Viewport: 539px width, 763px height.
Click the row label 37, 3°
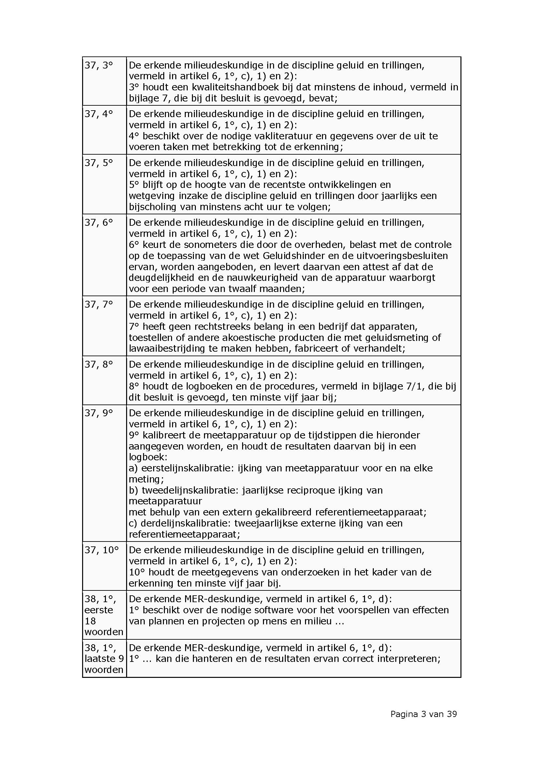98,66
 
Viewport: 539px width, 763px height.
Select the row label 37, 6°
98,223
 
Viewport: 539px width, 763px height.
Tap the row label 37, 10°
101,550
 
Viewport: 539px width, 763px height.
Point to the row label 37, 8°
98,365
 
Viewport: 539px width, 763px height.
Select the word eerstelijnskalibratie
186,468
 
